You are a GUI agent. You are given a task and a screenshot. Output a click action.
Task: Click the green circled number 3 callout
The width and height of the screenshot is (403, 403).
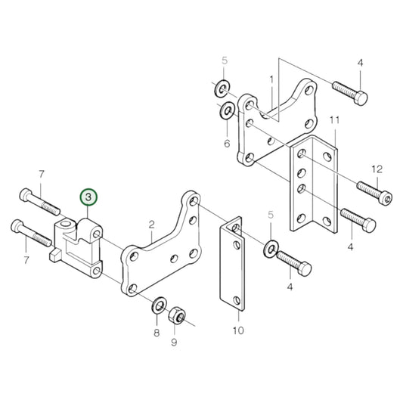(x=89, y=197)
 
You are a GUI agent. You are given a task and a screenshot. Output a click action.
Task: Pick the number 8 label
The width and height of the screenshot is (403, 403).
(x=157, y=333)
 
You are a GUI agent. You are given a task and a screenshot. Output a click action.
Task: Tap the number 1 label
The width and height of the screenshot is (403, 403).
(x=271, y=79)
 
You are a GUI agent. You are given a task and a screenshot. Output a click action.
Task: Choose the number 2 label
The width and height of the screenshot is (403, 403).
(x=151, y=224)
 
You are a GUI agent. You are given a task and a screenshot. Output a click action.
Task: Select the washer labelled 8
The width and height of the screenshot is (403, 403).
(x=158, y=305)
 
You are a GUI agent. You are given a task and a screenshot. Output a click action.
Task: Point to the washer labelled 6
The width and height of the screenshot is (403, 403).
(x=226, y=113)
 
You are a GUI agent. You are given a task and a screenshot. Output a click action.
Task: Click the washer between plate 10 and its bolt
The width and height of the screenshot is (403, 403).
(x=271, y=249)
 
